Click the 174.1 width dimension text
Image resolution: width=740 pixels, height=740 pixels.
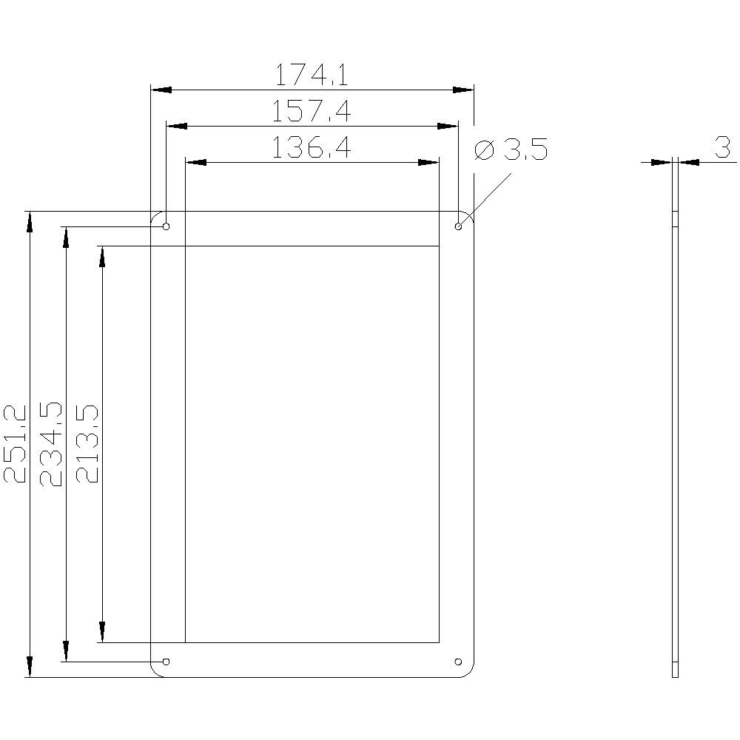click(x=312, y=75)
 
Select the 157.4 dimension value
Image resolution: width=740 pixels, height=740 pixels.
click(x=312, y=112)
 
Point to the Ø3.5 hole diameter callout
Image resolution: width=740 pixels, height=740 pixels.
click(x=511, y=150)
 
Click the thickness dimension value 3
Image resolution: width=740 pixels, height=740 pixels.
click(x=722, y=147)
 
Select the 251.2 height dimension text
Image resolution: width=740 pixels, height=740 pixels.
click(x=16, y=444)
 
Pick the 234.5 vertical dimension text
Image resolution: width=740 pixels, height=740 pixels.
click(x=52, y=444)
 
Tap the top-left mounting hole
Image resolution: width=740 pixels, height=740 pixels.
click(x=166, y=226)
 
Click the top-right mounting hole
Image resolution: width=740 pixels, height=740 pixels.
click(x=458, y=226)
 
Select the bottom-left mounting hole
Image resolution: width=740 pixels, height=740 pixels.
click(x=166, y=661)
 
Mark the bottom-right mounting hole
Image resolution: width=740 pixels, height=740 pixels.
click(x=458, y=661)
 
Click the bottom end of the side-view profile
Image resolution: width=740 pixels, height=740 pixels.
click(x=675, y=676)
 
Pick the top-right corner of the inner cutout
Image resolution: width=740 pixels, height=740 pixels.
click(x=440, y=246)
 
